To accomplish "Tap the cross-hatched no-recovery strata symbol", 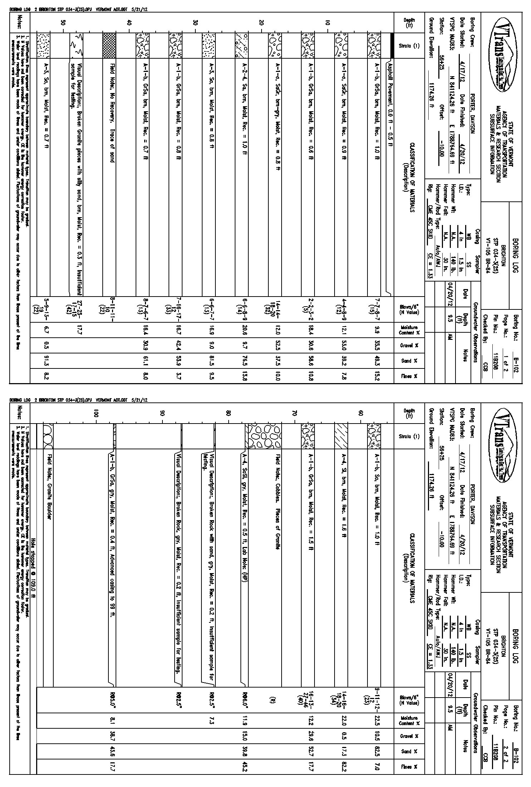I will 109,45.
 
